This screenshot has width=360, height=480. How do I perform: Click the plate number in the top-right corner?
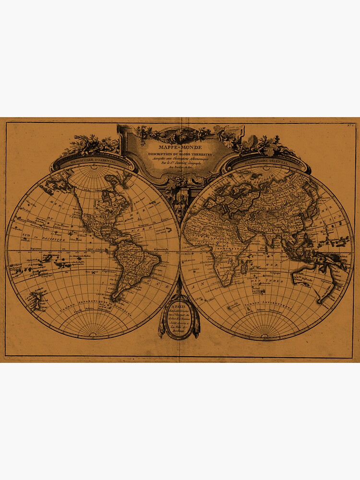click(x=350, y=126)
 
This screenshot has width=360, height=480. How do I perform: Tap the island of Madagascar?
click(x=246, y=272)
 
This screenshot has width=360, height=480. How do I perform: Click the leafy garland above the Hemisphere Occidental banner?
click(x=91, y=144)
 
